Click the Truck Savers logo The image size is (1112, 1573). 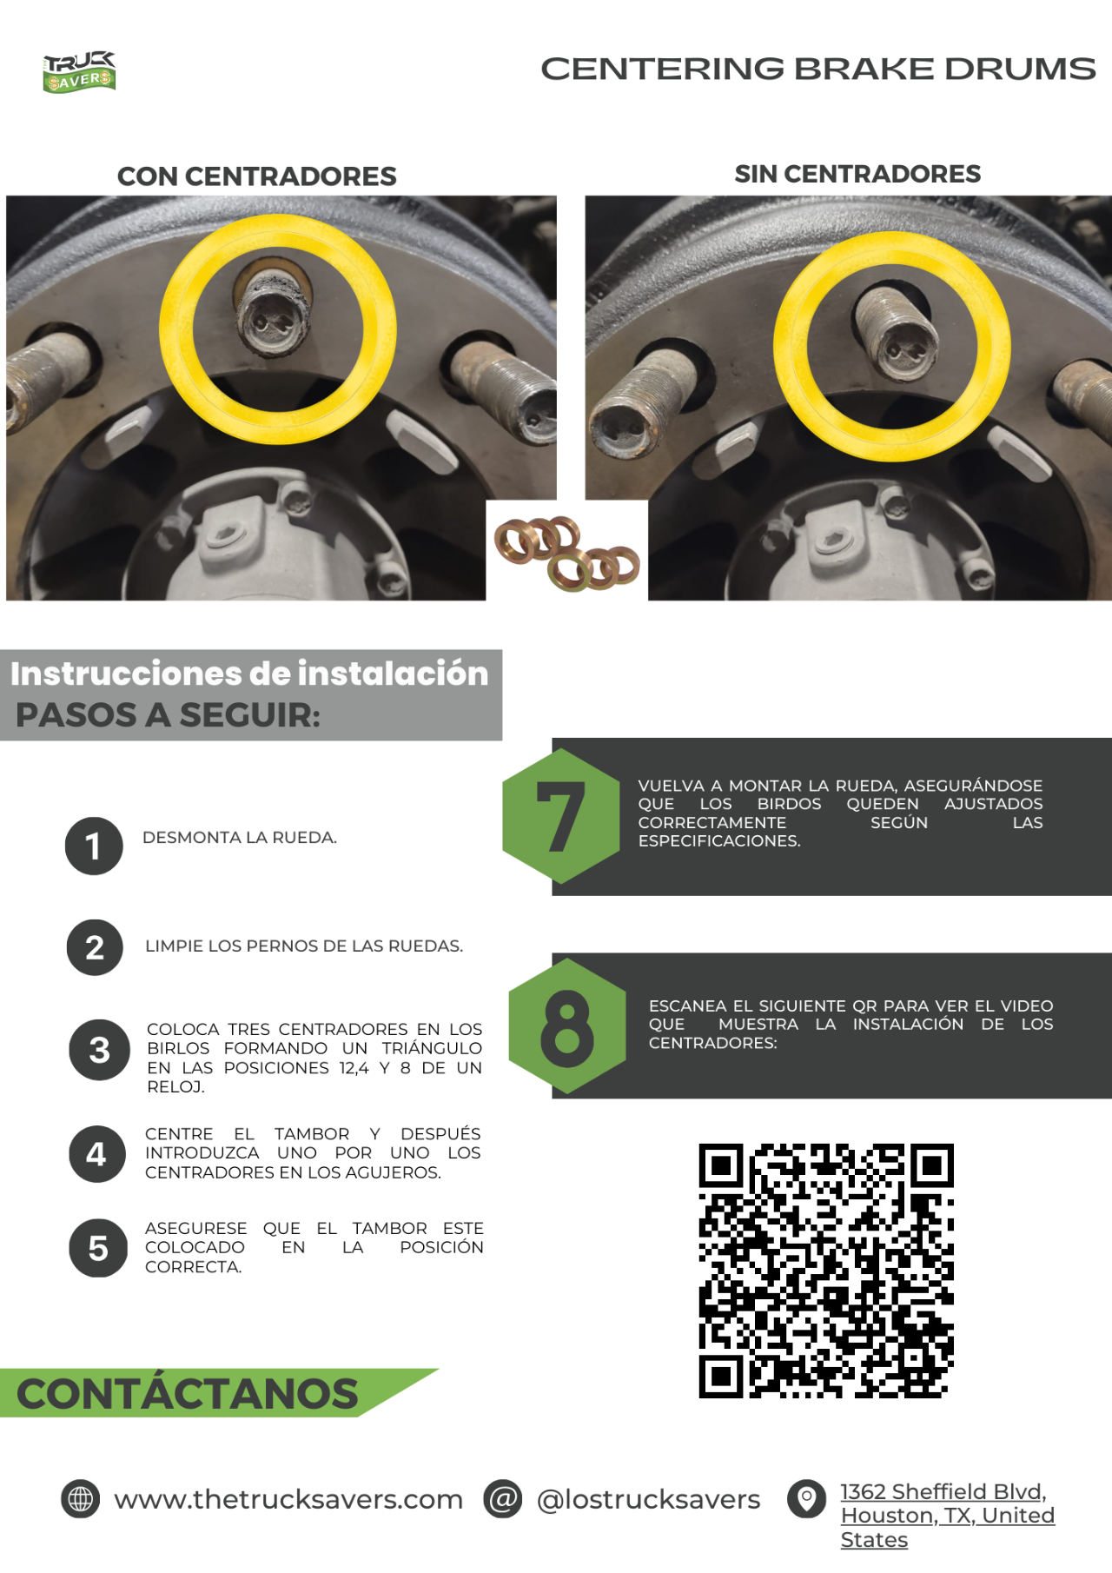79,72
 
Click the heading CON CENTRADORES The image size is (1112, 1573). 257,176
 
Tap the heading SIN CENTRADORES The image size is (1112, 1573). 857,174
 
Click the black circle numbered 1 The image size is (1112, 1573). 94,846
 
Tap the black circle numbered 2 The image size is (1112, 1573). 95,947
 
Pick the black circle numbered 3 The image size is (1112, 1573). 100,1050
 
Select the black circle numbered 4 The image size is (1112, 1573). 97,1154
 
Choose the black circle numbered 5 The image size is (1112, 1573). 98,1248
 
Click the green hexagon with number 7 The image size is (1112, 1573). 561,816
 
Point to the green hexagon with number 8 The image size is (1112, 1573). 567,1026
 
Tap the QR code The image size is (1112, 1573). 826,1271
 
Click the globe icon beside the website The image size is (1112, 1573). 81,1499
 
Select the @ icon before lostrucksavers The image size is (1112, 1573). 503,1499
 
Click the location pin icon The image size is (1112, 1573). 807,1499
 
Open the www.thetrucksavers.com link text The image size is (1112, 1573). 288,1499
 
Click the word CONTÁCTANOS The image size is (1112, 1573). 188,1393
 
